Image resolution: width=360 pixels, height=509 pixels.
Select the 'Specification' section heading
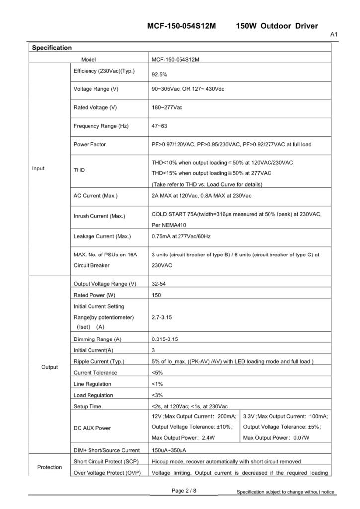pyautogui.click(x=52, y=48)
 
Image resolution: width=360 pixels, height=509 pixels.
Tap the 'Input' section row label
pyautogui.click(x=38, y=168)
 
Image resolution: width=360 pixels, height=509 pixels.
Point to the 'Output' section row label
pyautogui.click(x=50, y=367)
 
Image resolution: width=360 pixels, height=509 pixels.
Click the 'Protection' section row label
pyautogui.click(x=50, y=467)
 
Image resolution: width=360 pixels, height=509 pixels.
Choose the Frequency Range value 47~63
pyautogui.click(x=159, y=126)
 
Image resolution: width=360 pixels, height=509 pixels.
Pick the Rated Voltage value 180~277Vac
pyautogui.click(x=169, y=108)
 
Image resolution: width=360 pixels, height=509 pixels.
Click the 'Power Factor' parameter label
pyautogui.click(x=90, y=145)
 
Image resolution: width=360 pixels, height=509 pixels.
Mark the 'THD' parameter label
pyautogui.click(x=79, y=170)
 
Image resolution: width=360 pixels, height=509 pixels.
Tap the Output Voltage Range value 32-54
pyautogui.click(x=159, y=284)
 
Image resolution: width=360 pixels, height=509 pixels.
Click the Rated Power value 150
pyautogui.click(x=156, y=295)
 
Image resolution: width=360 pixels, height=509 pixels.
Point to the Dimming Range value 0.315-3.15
pyautogui.click(x=165, y=339)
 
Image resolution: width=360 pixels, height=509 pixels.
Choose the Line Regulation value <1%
pyautogui.click(x=157, y=384)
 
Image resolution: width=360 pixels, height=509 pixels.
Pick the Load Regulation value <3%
pyautogui.click(x=157, y=395)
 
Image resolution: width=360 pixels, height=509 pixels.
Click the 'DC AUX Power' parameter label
pyautogui.click(x=92, y=428)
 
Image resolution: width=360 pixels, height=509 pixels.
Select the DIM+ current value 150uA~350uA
pyautogui.click(x=169, y=451)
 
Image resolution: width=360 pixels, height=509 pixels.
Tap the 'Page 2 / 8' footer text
pyautogui.click(x=184, y=491)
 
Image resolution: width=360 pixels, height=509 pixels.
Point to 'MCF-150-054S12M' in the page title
pyautogui.click(x=181, y=26)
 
